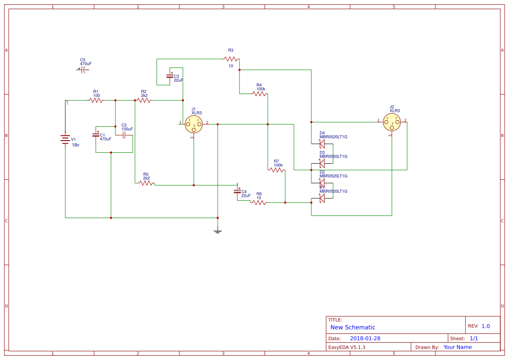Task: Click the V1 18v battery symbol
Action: click(x=65, y=139)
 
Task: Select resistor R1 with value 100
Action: click(x=96, y=100)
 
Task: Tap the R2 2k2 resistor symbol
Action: click(x=144, y=100)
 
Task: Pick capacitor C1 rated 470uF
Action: click(x=96, y=135)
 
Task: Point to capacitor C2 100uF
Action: click(x=124, y=135)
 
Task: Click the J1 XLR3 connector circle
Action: click(x=194, y=124)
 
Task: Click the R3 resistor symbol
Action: click(x=231, y=59)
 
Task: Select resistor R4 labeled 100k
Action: click(x=259, y=94)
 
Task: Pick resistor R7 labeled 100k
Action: click(x=277, y=170)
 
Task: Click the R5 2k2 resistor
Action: click(x=147, y=183)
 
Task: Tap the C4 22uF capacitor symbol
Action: click(x=237, y=192)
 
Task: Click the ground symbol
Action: click(x=218, y=232)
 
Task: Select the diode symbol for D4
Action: click(x=322, y=144)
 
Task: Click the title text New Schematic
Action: click(x=353, y=327)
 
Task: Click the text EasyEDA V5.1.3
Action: click(x=347, y=347)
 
